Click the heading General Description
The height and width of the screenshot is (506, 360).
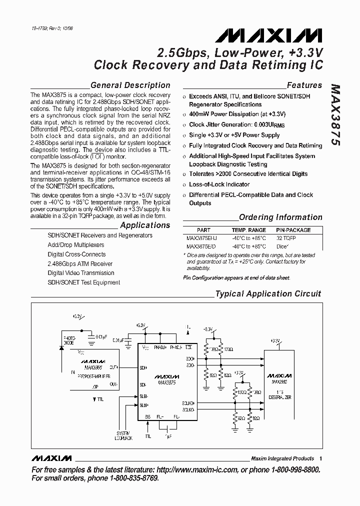pyautogui.click(x=130, y=85)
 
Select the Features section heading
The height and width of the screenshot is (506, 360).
pyautogui.click(x=304, y=85)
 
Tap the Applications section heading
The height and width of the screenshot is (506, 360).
pyautogui.click(x=145, y=225)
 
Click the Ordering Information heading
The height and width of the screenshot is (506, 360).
pyautogui.click(x=280, y=217)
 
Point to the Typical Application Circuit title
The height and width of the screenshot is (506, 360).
pyautogui.click(x=268, y=294)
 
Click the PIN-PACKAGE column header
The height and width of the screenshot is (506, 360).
pyautogui.click(x=293, y=230)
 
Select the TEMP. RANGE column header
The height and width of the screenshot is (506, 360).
pyautogui.click(x=249, y=230)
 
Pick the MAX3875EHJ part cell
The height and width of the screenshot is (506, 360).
pyautogui.click(x=201, y=238)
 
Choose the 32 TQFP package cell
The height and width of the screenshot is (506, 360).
pyautogui.click(x=286, y=238)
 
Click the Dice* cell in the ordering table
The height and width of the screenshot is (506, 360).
pyautogui.click(x=282, y=246)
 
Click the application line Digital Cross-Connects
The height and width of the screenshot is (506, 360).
pyautogui.click(x=76, y=254)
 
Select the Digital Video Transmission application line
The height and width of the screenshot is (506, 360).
pyautogui.click(x=81, y=273)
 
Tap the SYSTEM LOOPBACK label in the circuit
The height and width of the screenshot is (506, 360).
pyautogui.click(x=124, y=435)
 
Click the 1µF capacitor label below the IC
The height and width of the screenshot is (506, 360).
pyautogui.click(x=168, y=436)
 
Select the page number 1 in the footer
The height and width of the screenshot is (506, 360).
pyautogui.click(x=320, y=458)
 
